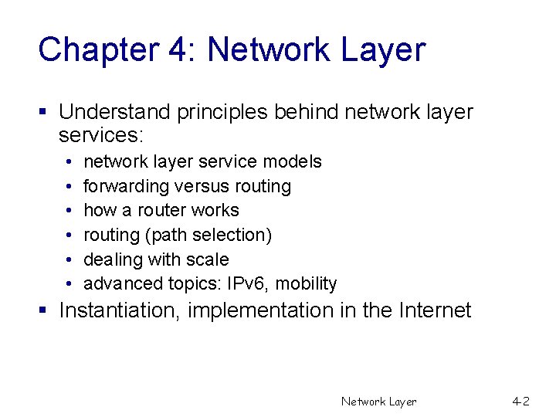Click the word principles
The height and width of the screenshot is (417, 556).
pyautogui.click(x=217, y=112)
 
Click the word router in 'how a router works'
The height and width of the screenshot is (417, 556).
pyautogui.click(x=162, y=210)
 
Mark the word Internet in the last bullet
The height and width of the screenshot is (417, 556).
pyautogui.click(x=435, y=310)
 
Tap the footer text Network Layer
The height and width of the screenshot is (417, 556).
pyautogui.click(x=378, y=402)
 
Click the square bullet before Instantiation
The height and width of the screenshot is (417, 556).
pyautogui.click(x=45, y=311)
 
